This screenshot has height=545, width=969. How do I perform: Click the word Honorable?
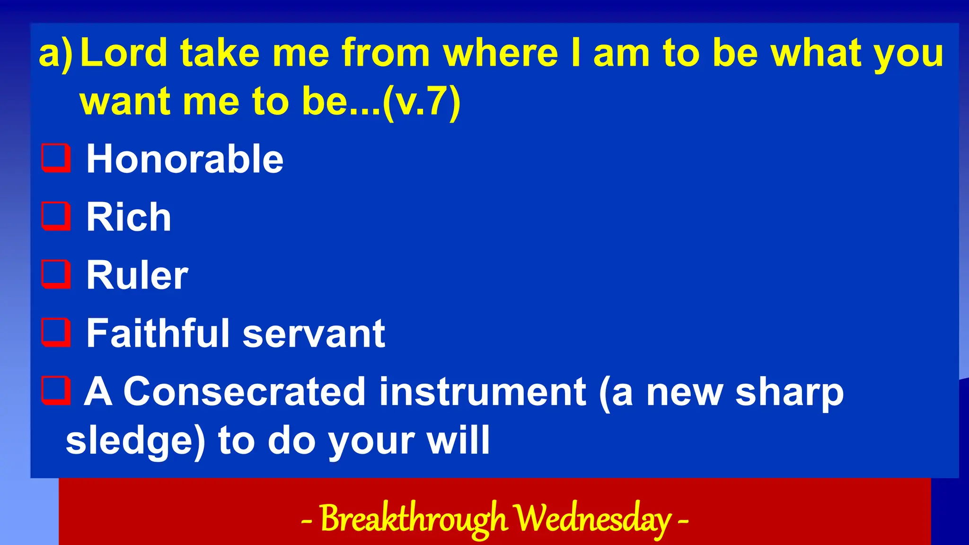tap(185, 159)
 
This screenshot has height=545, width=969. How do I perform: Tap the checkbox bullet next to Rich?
tap(56, 216)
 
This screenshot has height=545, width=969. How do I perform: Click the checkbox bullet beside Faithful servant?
tap(56, 332)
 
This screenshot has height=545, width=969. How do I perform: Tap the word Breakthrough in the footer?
tap(414, 519)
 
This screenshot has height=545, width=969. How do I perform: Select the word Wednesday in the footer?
tap(592, 519)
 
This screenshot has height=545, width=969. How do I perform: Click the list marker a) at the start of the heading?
tap(56, 53)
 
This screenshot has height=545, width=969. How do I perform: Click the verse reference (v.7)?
tap(421, 101)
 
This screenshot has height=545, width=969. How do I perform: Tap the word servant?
tap(314, 333)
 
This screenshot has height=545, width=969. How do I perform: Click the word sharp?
tap(789, 393)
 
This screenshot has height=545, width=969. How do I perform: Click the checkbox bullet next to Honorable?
tap(56, 158)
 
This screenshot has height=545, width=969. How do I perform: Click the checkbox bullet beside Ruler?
tap(56, 274)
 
